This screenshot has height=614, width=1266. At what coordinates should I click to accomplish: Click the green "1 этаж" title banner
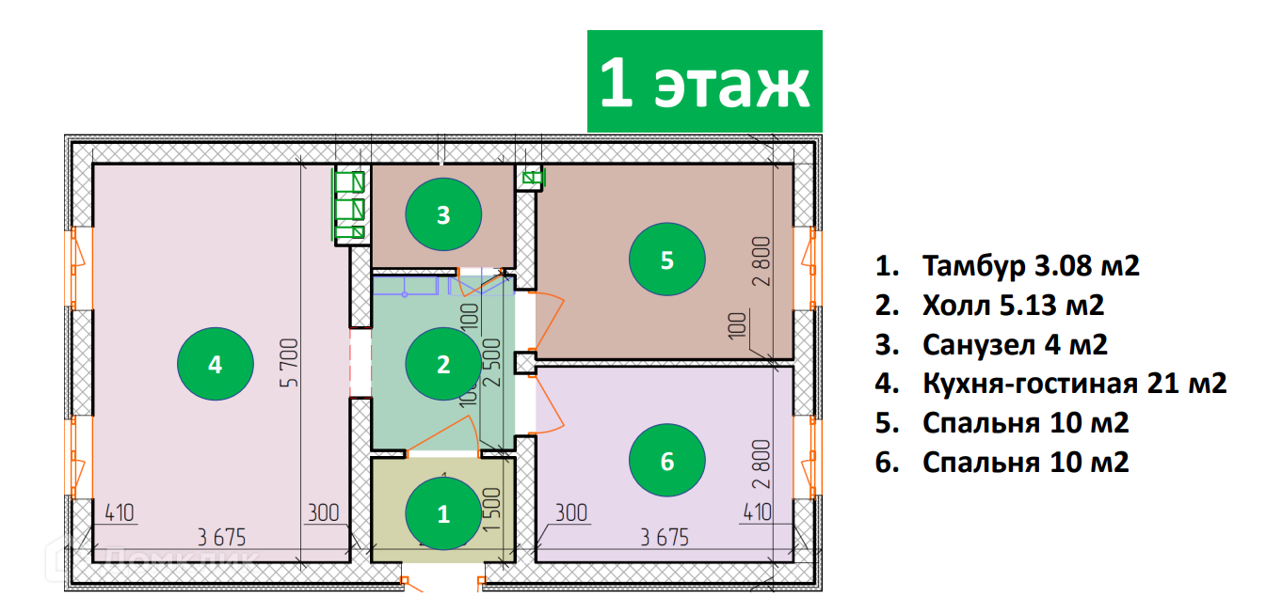[705, 82]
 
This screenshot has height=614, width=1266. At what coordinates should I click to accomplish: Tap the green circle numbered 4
[216, 364]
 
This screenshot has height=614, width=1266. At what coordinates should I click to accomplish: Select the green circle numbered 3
[443, 215]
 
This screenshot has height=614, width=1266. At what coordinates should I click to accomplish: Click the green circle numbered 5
[667, 260]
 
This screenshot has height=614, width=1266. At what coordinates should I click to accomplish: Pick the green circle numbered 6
[667, 461]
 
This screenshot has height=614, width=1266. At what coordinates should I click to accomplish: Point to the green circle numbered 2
[443, 364]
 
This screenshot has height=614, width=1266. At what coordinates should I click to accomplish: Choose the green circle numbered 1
[443, 513]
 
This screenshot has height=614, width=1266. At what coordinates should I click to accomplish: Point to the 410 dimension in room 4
[120, 513]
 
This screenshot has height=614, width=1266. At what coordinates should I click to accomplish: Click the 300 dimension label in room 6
[570, 513]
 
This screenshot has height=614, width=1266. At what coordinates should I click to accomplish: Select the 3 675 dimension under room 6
[665, 538]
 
